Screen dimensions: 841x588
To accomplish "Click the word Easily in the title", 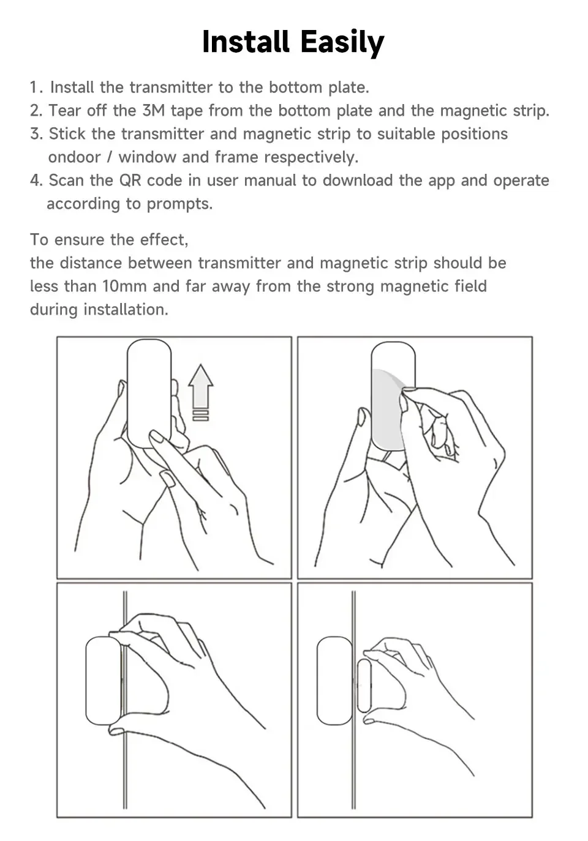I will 342,43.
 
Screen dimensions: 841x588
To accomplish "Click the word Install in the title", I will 246,43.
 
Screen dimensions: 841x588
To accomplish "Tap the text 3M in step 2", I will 153,111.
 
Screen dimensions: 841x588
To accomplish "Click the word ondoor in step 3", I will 74,157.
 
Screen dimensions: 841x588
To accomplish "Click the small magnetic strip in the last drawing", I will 364,686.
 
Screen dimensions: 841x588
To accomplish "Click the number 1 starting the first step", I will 34,88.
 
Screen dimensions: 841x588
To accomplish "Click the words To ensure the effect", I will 109,239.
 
